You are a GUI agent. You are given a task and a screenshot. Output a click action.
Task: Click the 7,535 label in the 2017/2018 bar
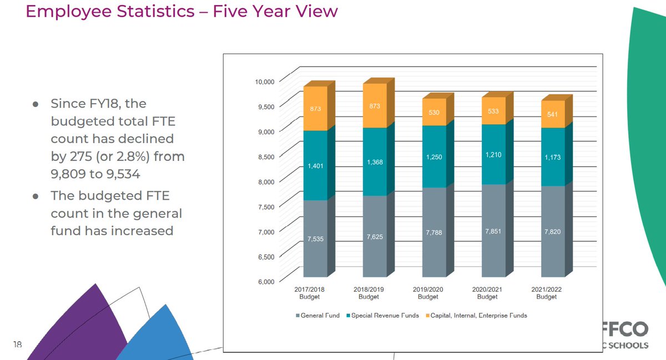(315, 239)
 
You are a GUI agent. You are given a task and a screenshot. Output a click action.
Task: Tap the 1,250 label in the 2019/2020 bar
(433, 158)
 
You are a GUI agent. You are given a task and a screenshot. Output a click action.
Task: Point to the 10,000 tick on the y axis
(265, 82)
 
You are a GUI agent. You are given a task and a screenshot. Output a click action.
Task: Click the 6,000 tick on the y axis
(266, 281)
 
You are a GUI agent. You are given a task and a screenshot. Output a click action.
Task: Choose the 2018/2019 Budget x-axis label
(369, 293)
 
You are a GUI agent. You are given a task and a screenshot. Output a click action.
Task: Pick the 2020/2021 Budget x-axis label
(487, 293)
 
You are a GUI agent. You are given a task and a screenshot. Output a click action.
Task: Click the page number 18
(17, 345)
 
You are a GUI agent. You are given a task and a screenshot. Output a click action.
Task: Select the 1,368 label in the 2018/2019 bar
(375, 162)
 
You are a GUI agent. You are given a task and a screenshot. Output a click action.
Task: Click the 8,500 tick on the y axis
(266, 156)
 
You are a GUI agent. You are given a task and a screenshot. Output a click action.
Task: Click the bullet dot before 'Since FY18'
(36, 104)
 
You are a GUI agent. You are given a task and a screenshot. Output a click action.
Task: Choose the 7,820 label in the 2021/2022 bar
(552, 231)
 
